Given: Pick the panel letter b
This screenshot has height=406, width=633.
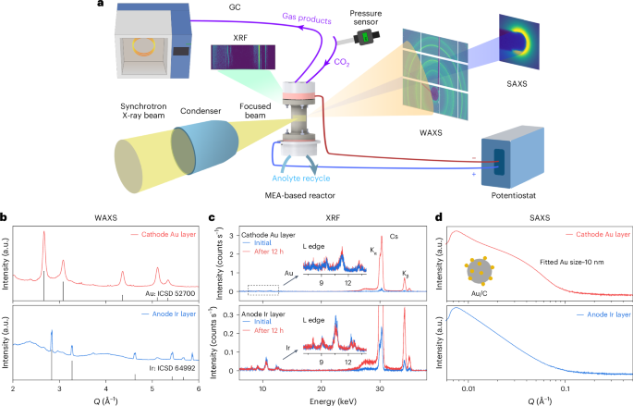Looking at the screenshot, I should click(x=5, y=216).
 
